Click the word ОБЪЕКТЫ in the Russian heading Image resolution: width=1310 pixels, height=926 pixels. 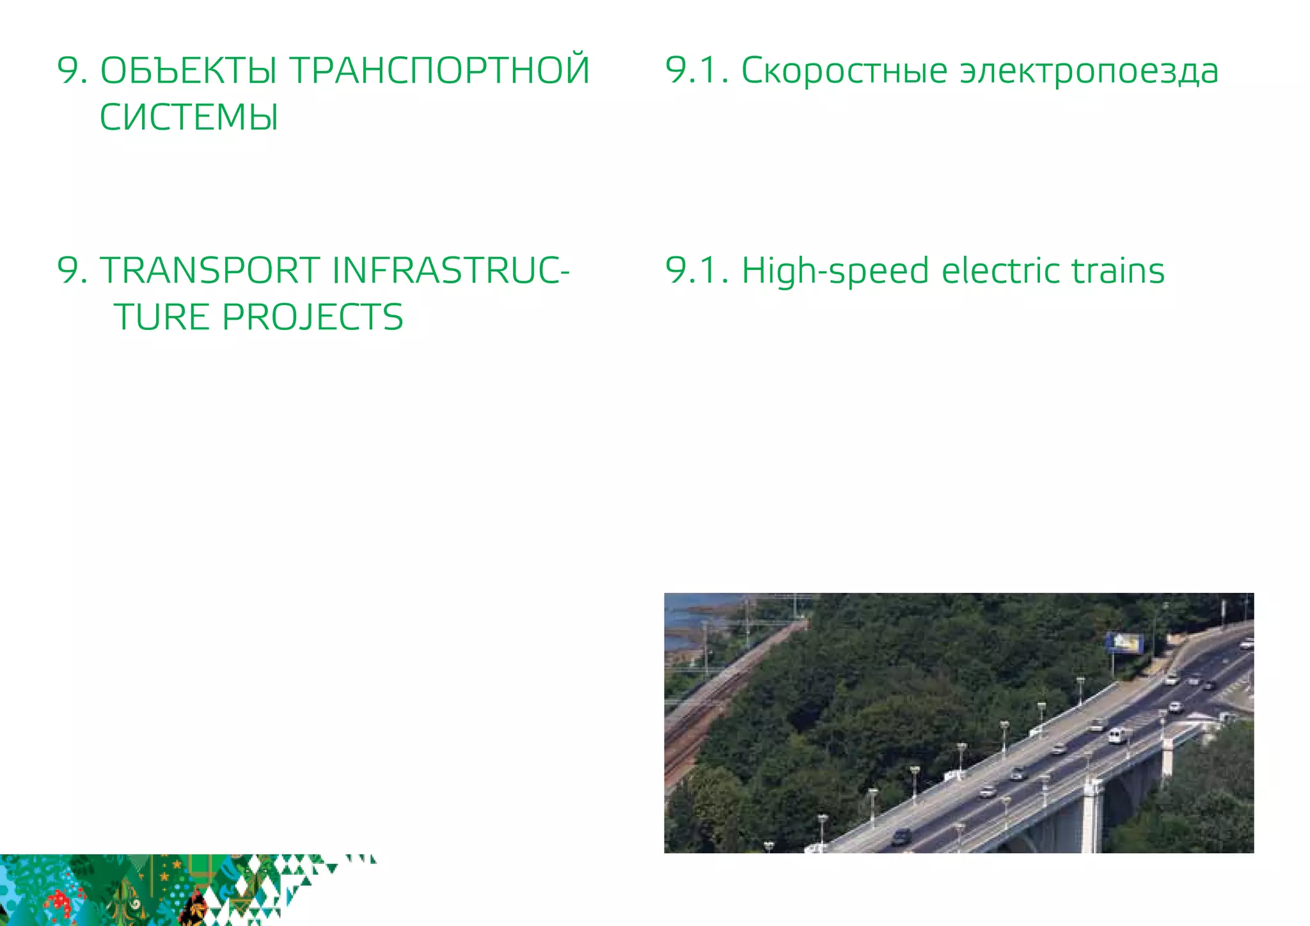[189, 70]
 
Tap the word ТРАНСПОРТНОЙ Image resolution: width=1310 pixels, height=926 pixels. [440, 70]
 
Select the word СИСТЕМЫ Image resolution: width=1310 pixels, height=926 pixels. [189, 118]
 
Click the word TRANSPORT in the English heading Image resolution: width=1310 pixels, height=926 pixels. [210, 271]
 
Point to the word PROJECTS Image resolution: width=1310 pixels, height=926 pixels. [312, 317]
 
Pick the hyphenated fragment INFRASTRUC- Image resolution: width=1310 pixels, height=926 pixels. [450, 271]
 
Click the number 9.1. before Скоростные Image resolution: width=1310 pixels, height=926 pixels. [697, 70]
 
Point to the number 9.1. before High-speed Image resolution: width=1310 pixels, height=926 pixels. [697, 271]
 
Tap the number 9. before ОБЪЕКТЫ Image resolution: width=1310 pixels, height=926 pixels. [72, 70]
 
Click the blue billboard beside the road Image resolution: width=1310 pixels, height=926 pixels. [1125, 643]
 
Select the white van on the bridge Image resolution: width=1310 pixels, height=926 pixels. [1117, 735]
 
